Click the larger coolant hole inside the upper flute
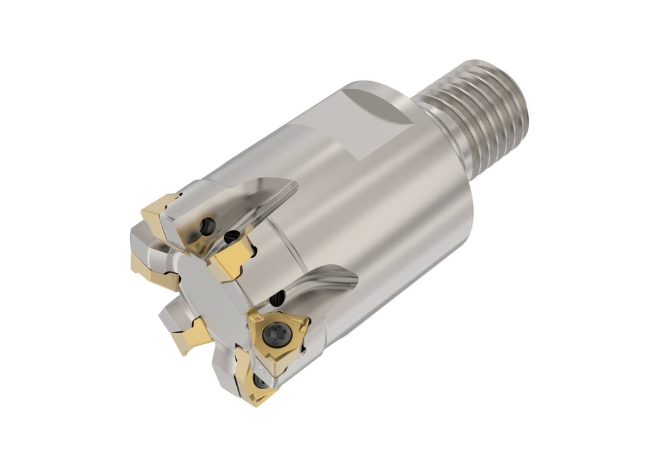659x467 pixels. pyautogui.click(x=207, y=226)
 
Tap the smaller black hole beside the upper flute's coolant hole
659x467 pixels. pyautogui.click(x=227, y=237)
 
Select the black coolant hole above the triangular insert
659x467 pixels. pyautogui.click(x=278, y=298)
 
